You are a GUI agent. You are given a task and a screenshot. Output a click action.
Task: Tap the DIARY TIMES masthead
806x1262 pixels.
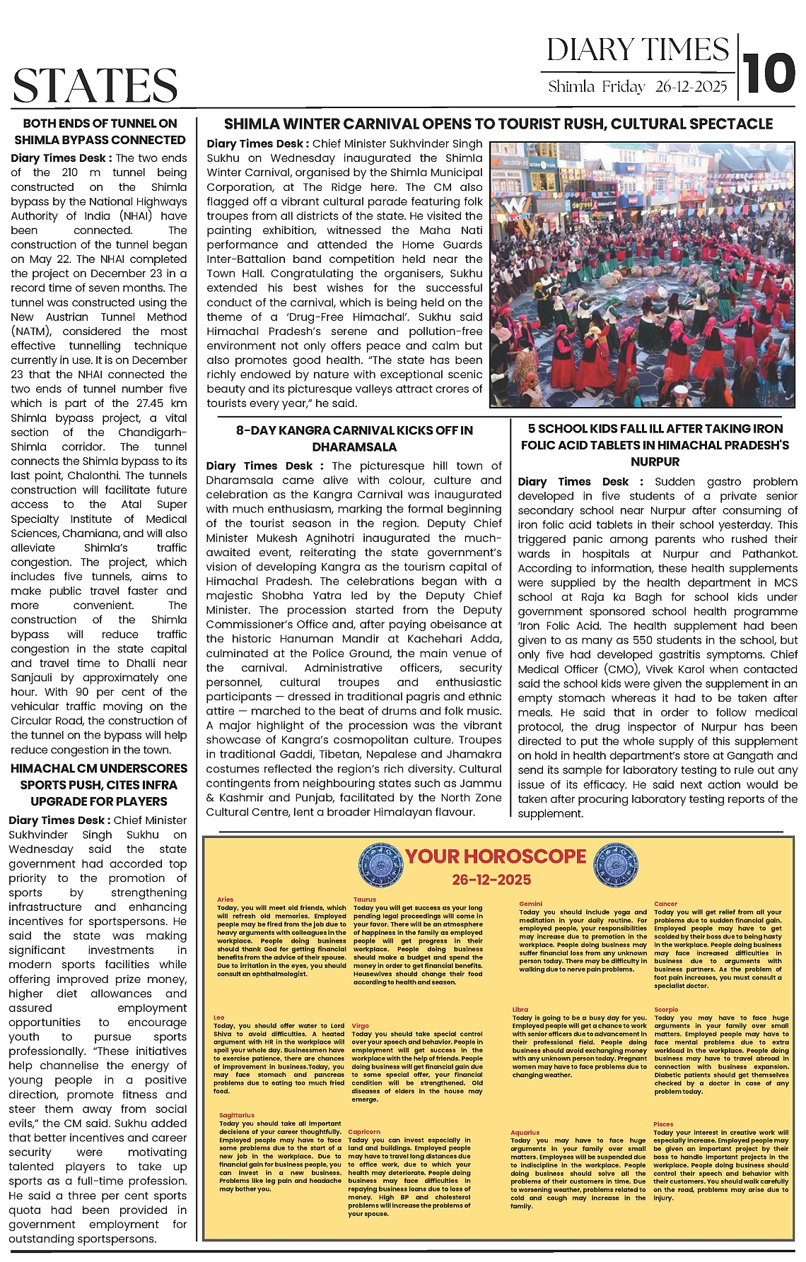pyautogui.click(x=637, y=50)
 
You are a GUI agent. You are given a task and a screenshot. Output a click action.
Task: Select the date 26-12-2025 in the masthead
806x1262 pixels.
pyautogui.click(x=691, y=87)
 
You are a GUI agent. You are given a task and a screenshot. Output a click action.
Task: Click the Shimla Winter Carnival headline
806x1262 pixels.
pyautogui.click(x=498, y=124)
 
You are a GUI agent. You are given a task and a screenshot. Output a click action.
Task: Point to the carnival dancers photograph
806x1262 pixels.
pyautogui.click(x=643, y=275)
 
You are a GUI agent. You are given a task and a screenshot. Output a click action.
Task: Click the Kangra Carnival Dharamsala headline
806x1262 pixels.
pyautogui.click(x=354, y=439)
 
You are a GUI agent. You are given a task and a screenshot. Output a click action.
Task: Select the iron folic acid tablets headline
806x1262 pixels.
pyautogui.click(x=655, y=445)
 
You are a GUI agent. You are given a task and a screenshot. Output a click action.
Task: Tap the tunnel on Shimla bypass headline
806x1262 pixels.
pyautogui.click(x=100, y=131)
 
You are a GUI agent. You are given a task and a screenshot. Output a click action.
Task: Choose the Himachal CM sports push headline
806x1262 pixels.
pyautogui.click(x=99, y=784)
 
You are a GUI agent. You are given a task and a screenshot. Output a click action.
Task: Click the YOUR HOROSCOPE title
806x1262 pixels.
pyautogui.click(x=496, y=856)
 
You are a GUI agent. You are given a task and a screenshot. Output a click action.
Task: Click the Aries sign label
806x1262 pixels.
pyautogui.click(x=226, y=900)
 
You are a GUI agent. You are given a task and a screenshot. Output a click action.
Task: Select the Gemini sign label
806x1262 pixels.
pyautogui.click(x=530, y=904)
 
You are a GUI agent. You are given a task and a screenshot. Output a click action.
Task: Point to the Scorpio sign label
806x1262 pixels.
pyautogui.click(x=666, y=1010)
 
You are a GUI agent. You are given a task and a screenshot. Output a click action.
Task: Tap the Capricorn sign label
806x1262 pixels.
pyautogui.click(x=364, y=1131)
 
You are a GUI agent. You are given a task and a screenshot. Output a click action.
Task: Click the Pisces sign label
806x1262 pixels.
pyautogui.click(x=663, y=1124)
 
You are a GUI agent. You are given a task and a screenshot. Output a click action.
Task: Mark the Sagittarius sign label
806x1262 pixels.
pyautogui.click(x=237, y=1115)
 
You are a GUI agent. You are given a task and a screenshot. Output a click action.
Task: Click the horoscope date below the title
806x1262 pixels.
pyautogui.click(x=491, y=880)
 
